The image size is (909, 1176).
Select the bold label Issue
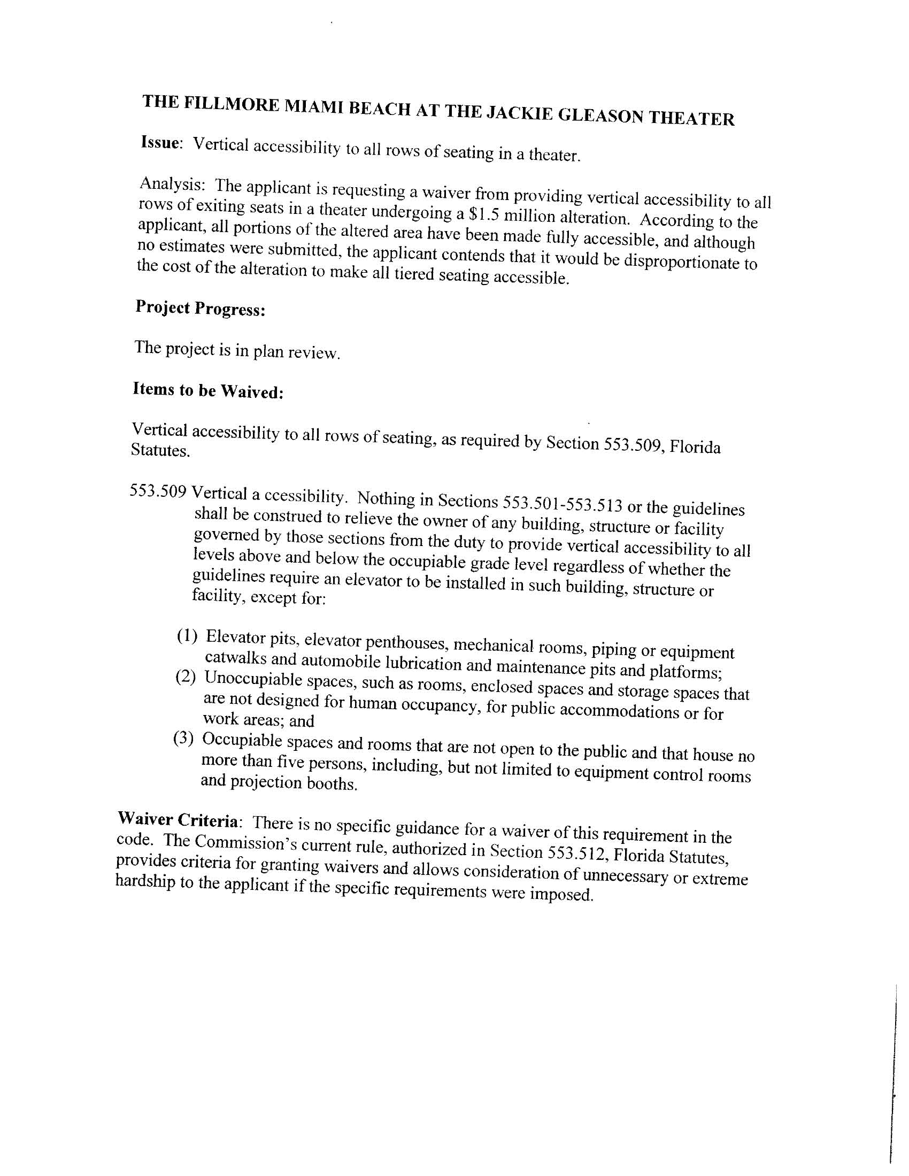[x=159, y=143]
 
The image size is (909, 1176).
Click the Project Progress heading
[x=200, y=309]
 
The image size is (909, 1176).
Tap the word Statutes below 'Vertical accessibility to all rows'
[x=160, y=450]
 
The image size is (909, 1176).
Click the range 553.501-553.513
[x=562, y=504]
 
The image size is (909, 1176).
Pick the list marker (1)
[x=187, y=636]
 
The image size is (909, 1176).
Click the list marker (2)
[x=186, y=677]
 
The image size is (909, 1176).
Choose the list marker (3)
[x=183, y=738]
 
